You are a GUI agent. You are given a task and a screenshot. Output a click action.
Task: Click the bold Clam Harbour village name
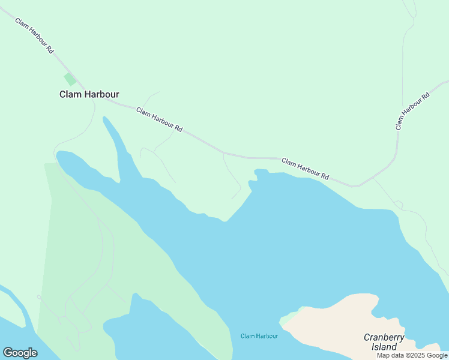(89, 94)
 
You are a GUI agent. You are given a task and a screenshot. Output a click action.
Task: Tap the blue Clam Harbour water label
(259, 336)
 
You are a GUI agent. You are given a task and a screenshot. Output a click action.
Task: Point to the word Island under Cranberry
(384, 347)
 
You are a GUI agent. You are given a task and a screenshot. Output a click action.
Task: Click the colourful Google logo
(20, 353)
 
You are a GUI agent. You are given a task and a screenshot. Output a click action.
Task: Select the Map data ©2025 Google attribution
(412, 356)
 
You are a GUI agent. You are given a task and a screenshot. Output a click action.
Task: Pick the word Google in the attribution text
(437, 356)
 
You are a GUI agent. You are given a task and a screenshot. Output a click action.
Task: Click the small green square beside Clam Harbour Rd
(70, 79)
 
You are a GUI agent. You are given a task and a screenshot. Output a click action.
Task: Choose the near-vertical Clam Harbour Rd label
(412, 111)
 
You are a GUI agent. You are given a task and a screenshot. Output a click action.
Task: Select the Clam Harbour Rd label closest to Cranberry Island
(306, 169)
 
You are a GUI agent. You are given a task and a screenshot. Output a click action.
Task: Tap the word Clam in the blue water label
(248, 336)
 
